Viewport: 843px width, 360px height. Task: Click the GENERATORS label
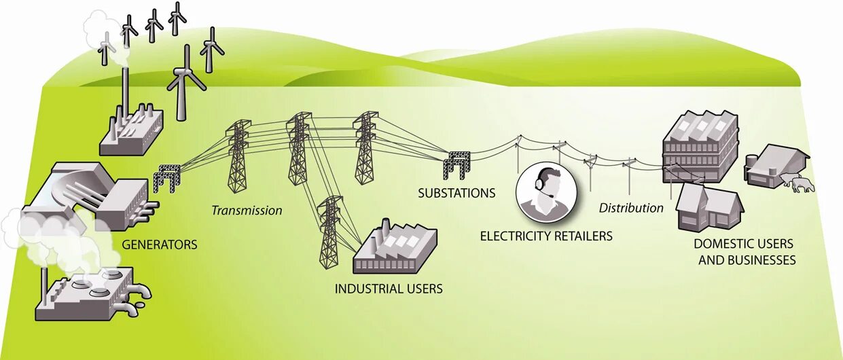pyautogui.click(x=159, y=245)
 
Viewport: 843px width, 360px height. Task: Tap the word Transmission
pyautogui.click(x=247, y=211)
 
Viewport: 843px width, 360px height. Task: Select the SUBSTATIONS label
pyautogui.click(x=456, y=193)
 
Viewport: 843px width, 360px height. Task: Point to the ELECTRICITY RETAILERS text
pyautogui.click(x=546, y=236)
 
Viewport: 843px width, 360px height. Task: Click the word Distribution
pyautogui.click(x=630, y=208)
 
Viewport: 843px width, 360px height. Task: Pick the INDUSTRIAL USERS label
pyautogui.click(x=389, y=289)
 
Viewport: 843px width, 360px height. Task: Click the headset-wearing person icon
pyautogui.click(x=548, y=193)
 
